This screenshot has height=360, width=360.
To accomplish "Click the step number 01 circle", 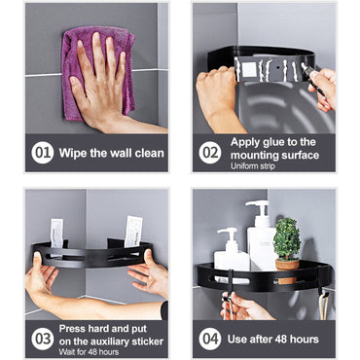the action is [43, 153].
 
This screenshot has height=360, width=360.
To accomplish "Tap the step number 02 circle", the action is [210, 153].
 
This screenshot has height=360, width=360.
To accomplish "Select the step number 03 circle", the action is [43, 339].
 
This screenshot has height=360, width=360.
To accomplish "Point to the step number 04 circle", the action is [210, 339].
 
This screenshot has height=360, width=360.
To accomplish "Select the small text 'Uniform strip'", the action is [253, 166].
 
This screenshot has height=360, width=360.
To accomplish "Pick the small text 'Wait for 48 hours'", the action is [89, 352].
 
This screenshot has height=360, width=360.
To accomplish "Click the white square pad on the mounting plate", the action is [250, 70].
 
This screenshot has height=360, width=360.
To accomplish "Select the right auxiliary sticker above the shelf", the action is [133, 232].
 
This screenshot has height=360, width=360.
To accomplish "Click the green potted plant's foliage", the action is [287, 238].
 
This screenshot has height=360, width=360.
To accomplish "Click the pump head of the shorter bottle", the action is [228, 233].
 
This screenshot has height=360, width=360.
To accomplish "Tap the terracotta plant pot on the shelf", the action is [287, 270].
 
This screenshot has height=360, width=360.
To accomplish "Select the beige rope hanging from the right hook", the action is [323, 307].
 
